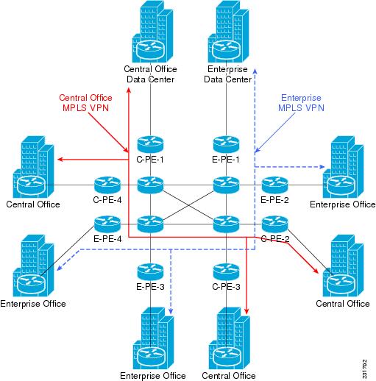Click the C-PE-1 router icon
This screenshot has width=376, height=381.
(x=150, y=145)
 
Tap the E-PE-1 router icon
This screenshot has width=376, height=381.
(x=226, y=145)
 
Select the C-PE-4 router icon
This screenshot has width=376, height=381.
(x=107, y=185)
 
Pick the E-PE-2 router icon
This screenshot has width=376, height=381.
(x=274, y=185)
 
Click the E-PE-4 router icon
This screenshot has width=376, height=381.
(x=107, y=224)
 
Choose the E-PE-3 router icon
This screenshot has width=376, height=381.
(x=150, y=272)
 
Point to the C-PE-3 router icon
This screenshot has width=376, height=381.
(x=226, y=272)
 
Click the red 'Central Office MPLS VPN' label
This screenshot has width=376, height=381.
(x=85, y=103)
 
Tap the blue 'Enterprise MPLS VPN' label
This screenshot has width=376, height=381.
(x=301, y=103)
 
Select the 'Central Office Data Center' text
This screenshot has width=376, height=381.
(x=150, y=74)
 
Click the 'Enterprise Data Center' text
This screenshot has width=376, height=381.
(x=228, y=74)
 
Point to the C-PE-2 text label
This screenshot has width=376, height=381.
(x=275, y=239)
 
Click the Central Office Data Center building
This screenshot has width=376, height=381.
(x=152, y=32)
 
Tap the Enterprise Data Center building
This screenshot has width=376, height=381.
(x=228, y=32)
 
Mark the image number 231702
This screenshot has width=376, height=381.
(x=365, y=368)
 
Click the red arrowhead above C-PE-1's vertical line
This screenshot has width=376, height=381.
(x=129, y=90)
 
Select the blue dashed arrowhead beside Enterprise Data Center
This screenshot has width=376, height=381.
(x=255, y=71)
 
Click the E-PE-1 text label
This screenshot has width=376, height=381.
(x=226, y=160)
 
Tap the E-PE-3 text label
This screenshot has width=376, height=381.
(x=150, y=287)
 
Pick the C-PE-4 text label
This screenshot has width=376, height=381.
(x=107, y=200)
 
